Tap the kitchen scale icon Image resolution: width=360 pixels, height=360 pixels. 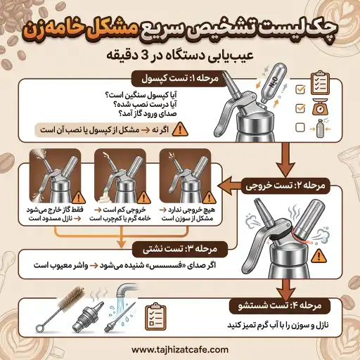320,107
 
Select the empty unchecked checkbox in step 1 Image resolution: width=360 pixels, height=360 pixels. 300,128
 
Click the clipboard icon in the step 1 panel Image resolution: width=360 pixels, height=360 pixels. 320,83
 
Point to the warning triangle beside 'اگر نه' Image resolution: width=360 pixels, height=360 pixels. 180,129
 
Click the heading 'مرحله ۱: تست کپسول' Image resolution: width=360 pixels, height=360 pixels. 180,78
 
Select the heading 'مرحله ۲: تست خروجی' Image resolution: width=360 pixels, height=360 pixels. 285,186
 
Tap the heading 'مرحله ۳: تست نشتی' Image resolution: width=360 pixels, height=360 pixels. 180,249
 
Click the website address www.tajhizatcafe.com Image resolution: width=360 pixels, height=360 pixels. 180,350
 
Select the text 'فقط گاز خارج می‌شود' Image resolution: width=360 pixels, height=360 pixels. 55,210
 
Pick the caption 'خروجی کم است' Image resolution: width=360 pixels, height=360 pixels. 124,210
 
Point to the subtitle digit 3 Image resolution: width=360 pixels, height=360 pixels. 148,56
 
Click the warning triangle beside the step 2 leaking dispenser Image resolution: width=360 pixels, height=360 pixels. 319,256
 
